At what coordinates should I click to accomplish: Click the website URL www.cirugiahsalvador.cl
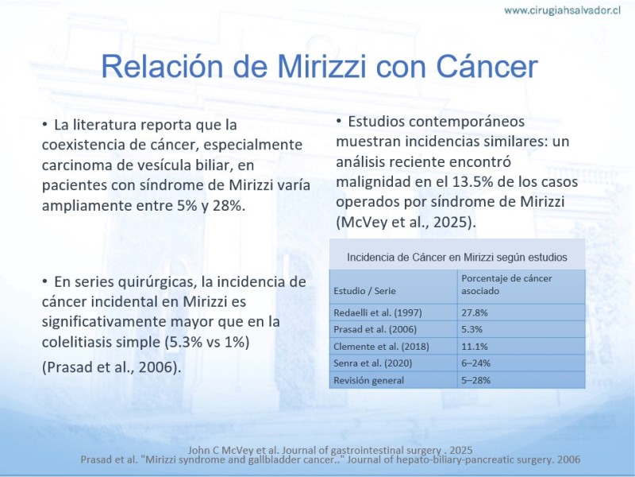pyautogui.click(x=562, y=10)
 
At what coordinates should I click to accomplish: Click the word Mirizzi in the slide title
pyautogui.click(x=322, y=66)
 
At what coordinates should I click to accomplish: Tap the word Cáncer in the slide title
pyautogui.click(x=487, y=66)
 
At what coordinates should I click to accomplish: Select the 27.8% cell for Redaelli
pyautogui.click(x=474, y=312)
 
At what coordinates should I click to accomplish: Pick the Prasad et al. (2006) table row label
pyautogui.click(x=375, y=329)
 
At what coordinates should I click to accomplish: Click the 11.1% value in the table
pyautogui.click(x=474, y=347)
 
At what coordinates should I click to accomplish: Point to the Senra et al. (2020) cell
pyautogui.click(x=372, y=363)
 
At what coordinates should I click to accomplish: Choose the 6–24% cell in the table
pyautogui.click(x=475, y=363)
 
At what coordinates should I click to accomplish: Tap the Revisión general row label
pyautogui.click(x=368, y=381)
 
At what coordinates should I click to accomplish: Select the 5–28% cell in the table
pyautogui.click(x=475, y=381)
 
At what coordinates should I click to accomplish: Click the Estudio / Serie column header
pyautogui.click(x=364, y=291)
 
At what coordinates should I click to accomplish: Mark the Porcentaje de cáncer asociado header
pyautogui.click(x=506, y=285)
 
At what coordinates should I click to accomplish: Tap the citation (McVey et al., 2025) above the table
pyautogui.click(x=406, y=223)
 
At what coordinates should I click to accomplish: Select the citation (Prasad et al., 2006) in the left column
pyautogui.click(x=111, y=367)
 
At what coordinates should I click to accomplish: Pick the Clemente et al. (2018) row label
pyautogui.click(x=381, y=347)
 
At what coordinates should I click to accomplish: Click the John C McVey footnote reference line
pyautogui.click(x=330, y=450)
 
